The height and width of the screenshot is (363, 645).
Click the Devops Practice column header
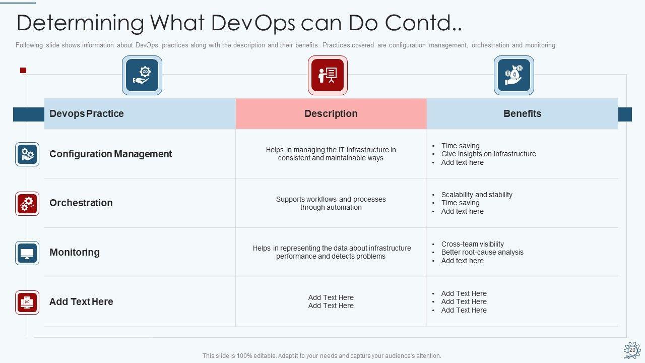(86, 113)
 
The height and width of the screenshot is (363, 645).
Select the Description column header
(331, 113)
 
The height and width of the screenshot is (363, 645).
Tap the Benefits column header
(523, 113)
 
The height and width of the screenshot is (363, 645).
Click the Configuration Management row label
(110, 154)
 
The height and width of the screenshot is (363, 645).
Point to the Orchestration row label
(81, 203)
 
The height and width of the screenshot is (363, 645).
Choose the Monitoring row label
(75, 252)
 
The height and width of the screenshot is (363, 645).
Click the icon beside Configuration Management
(27, 154)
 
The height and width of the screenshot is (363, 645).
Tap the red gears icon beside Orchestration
(27, 204)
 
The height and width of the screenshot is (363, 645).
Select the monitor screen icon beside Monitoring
(27, 253)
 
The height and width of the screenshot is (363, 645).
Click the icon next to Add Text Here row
(27, 302)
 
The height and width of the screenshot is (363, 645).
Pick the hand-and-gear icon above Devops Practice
(142, 75)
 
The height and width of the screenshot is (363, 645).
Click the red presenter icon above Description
(328, 75)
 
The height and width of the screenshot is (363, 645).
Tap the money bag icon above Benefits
(513, 75)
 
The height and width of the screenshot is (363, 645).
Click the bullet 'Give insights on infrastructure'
(488, 154)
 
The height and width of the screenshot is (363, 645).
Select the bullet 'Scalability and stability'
(477, 195)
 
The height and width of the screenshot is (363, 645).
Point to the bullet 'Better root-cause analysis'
(482, 252)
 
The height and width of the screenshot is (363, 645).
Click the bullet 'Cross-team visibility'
(472, 244)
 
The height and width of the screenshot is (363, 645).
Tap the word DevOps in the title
(253, 23)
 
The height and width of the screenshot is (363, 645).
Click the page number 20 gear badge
(632, 350)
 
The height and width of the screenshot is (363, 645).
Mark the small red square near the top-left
(23, 70)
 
